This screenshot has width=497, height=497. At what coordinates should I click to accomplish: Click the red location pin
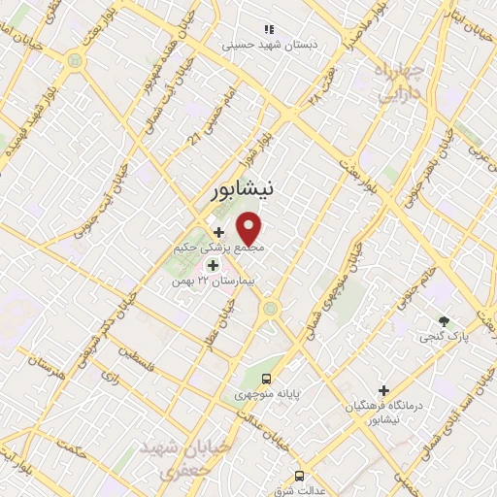point(250,227)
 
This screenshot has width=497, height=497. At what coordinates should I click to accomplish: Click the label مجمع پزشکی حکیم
point(220,248)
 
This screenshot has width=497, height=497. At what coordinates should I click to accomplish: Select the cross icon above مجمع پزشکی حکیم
point(219,232)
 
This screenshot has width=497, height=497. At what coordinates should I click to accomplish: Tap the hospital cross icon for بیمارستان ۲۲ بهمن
point(213,264)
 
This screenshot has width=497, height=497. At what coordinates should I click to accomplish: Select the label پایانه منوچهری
point(266,396)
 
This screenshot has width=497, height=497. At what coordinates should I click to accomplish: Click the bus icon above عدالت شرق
point(299,476)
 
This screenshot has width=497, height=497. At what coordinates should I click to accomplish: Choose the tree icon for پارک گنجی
point(445,321)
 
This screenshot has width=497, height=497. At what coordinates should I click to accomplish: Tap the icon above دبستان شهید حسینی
point(268,30)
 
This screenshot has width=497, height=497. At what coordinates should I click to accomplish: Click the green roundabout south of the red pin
point(270,310)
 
